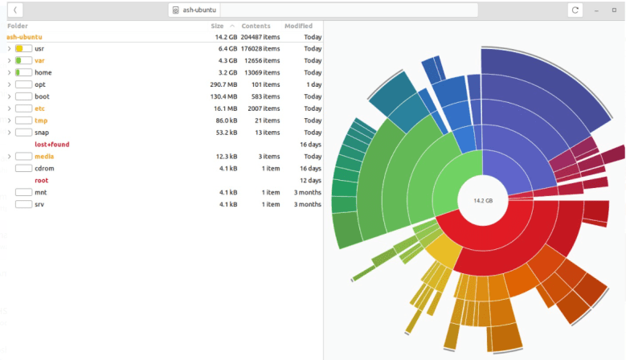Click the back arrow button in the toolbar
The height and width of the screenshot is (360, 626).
coord(15,10)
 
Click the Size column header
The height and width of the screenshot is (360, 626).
coord(217,27)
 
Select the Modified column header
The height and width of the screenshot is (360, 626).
coord(298,27)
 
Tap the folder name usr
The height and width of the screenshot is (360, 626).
coord(39,49)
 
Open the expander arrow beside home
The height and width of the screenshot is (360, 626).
coord(9,72)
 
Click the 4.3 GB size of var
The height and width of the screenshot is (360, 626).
coord(227,60)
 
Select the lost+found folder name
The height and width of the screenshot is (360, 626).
coord(52,145)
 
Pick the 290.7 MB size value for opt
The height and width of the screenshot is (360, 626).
coord(223,84)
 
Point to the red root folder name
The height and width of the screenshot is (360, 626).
coord(41,181)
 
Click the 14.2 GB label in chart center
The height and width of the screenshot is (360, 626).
coord(482,200)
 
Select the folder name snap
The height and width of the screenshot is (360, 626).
coord(42,133)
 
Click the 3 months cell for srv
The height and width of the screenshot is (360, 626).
coord(307,205)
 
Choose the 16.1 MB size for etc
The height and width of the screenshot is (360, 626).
coord(225,108)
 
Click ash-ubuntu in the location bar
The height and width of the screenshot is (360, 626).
coord(200,10)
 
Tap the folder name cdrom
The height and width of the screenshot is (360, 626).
coord(44,169)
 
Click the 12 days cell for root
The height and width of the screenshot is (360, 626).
coord(310,181)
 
